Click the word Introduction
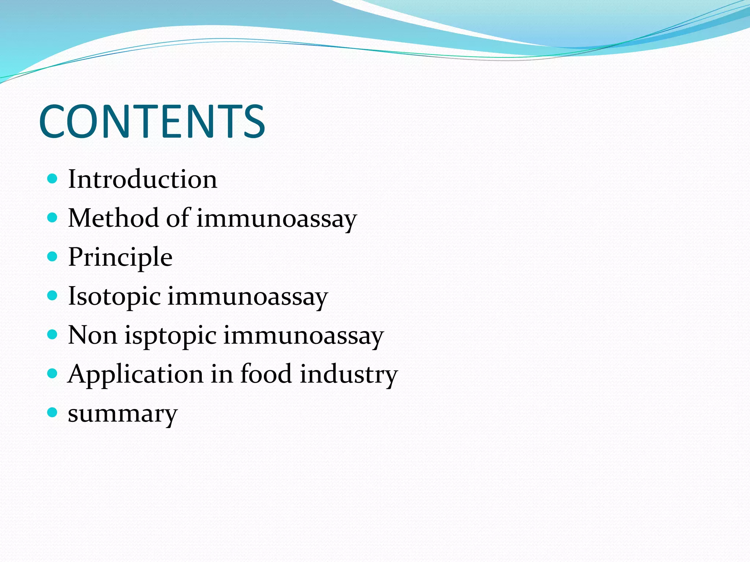[x=142, y=179]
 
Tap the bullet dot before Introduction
[x=53, y=179]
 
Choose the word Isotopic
[x=114, y=296]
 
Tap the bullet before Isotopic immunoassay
[x=53, y=296]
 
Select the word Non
[x=93, y=335]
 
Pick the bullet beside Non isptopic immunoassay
[x=53, y=334]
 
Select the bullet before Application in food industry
[x=53, y=374]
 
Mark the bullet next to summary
[x=53, y=413]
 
